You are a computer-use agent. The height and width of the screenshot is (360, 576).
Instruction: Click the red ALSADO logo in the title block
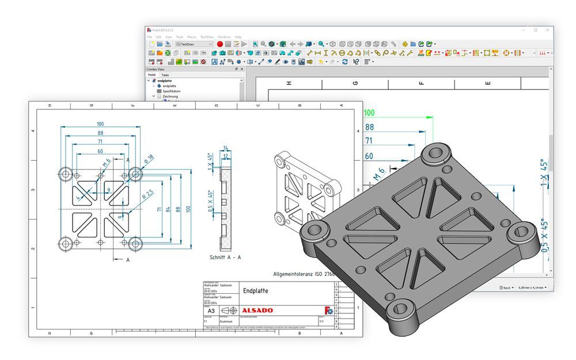pyautogui.click(x=257, y=310)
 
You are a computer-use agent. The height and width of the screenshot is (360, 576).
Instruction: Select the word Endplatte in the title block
pyautogui.click(x=255, y=291)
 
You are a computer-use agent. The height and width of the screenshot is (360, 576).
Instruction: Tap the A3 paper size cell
pyautogui.click(x=211, y=310)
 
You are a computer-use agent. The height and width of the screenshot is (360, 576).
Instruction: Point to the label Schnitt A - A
pyautogui.click(x=225, y=257)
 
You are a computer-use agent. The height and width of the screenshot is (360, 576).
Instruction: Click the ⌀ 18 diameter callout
pyautogui.click(x=150, y=158)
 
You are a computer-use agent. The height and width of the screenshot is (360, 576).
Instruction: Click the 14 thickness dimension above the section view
pyautogui.click(x=225, y=148)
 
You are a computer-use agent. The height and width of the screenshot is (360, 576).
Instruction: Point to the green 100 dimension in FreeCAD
pyautogui.click(x=369, y=113)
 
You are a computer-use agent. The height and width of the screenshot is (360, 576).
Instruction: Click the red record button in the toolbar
pyautogui.click(x=220, y=44)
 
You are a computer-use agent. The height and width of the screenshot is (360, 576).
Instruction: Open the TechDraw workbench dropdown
pyautogui.click(x=194, y=44)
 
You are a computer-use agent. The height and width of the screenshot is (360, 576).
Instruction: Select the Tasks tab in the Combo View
pyautogui.click(x=165, y=75)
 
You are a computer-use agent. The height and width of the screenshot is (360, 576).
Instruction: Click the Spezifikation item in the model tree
pyautogui.click(x=172, y=91)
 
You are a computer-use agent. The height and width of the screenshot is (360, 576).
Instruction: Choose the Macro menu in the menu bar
pyautogui.click(x=192, y=37)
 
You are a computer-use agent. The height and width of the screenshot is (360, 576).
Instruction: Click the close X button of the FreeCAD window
pyautogui.click(x=548, y=30)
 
